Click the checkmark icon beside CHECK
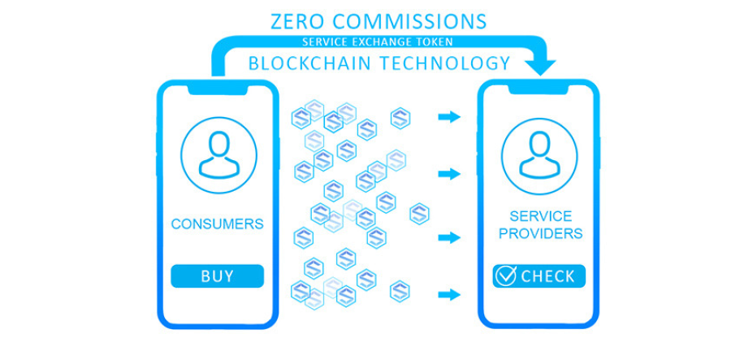[506, 276]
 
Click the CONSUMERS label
[217, 223]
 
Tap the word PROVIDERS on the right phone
[540, 234]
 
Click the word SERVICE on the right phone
[540, 216]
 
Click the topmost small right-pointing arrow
[448, 117]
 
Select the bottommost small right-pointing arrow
[448, 293]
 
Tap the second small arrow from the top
[448, 174]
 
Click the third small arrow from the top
[448, 237]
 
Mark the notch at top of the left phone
[217, 91]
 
